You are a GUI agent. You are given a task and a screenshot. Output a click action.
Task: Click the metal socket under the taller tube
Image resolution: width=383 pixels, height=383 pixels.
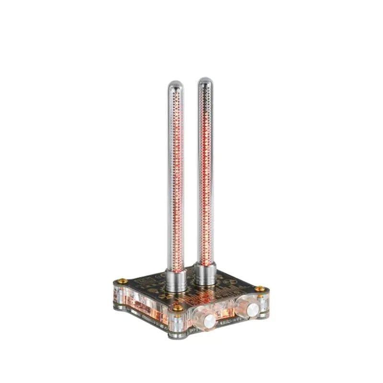pos(205,274)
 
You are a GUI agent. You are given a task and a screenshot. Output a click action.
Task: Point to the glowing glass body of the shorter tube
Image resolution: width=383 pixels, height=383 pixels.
pos(176,182)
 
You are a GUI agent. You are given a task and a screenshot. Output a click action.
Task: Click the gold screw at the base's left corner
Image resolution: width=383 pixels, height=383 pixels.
pos(122,281)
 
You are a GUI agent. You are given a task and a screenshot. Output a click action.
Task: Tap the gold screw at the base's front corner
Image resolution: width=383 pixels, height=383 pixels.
pos(178,307)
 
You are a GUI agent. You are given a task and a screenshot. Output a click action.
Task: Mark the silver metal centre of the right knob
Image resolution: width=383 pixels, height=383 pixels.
pos(252,309)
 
